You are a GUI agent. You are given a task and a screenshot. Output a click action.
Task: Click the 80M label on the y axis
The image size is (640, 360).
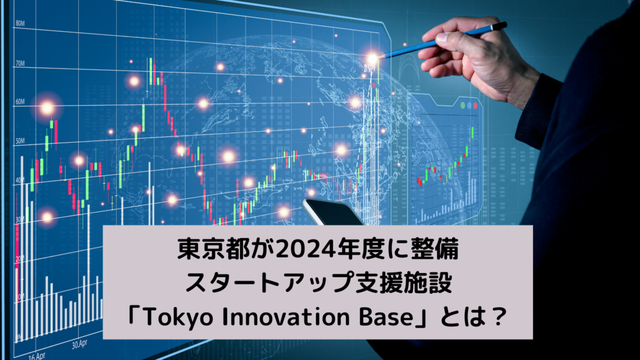click(20, 23)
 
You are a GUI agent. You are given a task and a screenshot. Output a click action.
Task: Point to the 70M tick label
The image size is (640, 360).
click(19, 64)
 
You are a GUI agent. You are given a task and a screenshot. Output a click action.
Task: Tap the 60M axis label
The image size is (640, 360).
click(19, 101)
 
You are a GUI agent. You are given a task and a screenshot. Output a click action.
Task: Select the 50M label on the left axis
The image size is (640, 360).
click(19, 141)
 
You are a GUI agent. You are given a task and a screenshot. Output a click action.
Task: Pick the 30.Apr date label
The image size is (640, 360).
click(79, 344)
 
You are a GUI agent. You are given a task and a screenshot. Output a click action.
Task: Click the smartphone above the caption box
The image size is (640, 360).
click(331, 212)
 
